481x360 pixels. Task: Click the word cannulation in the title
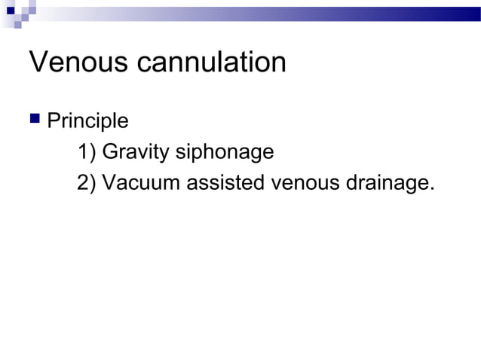coord(212,62)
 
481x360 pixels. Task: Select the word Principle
coord(87,121)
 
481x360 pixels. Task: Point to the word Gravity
coord(135,153)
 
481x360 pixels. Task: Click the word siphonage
coord(224,153)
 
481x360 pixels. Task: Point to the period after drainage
coord(432,189)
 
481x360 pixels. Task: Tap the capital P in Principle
coord(53,121)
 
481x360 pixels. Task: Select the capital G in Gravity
coord(109,153)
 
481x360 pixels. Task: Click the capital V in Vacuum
coord(108,183)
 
